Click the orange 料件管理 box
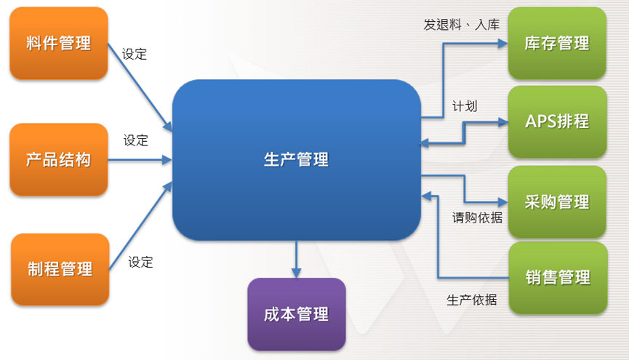click(59, 43)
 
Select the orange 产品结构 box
click(59, 159)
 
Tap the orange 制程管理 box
click(60, 269)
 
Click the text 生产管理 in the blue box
click(296, 160)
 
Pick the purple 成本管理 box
click(297, 314)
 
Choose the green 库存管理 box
click(557, 43)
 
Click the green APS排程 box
click(557, 121)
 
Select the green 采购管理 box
click(557, 202)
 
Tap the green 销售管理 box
click(558, 278)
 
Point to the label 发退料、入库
click(461, 25)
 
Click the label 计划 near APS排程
click(465, 106)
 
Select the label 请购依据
click(477, 217)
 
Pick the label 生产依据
click(471, 300)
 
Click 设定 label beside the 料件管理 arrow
click(135, 54)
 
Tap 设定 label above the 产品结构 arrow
click(135, 140)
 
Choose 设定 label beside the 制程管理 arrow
click(140, 263)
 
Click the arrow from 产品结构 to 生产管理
click(140, 160)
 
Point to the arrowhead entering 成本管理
click(297, 273)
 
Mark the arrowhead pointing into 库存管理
click(503, 44)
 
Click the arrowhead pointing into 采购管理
click(503, 202)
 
